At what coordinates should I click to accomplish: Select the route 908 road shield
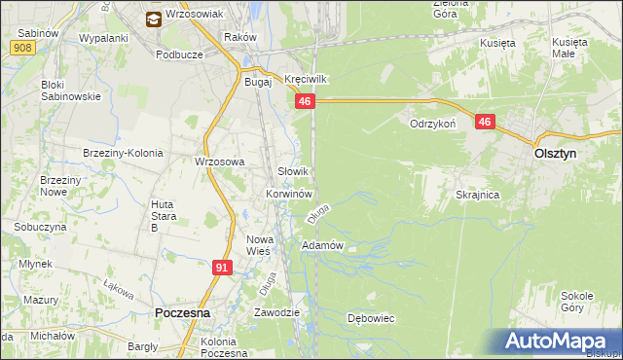click(x=26, y=47)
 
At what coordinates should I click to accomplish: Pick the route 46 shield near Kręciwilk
click(x=306, y=101)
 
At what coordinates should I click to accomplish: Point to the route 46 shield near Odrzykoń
click(x=486, y=122)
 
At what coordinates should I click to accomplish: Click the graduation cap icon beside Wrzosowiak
click(x=153, y=18)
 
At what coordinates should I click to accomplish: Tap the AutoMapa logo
click(x=558, y=342)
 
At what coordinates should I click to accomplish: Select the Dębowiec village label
click(x=370, y=318)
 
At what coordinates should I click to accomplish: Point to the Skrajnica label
click(x=477, y=195)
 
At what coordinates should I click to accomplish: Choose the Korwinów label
click(x=288, y=194)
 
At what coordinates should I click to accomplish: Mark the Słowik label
click(x=294, y=171)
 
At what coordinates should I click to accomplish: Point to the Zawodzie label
click(x=275, y=312)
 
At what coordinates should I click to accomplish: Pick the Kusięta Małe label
click(x=569, y=49)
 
